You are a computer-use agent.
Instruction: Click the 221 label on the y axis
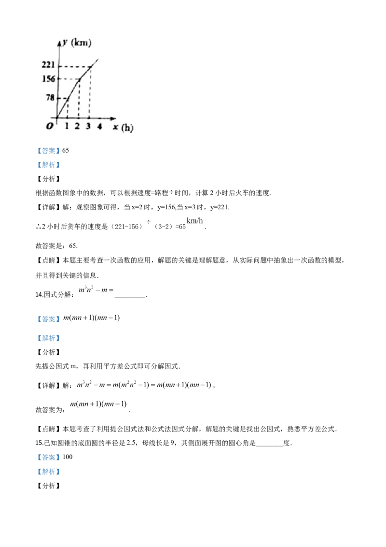click(48, 64)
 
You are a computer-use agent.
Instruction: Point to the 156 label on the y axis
click(49, 79)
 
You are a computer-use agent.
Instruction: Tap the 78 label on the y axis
click(51, 97)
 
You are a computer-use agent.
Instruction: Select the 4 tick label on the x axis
click(99, 126)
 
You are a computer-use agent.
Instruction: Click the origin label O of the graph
click(50, 126)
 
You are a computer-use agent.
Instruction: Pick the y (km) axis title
click(77, 43)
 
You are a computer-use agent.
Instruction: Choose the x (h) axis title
click(123, 128)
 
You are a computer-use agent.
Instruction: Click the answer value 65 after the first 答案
click(66, 150)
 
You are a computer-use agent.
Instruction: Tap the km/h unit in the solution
click(195, 221)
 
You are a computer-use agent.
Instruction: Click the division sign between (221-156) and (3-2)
click(149, 222)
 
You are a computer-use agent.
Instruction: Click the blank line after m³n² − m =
click(130, 297)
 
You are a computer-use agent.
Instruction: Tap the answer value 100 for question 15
click(68, 457)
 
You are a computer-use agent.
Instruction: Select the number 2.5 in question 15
click(131, 443)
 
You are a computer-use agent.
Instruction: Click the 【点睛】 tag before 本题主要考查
click(49, 260)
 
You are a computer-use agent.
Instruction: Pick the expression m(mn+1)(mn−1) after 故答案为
click(98, 404)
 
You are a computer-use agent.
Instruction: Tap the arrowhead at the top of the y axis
click(59, 43)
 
